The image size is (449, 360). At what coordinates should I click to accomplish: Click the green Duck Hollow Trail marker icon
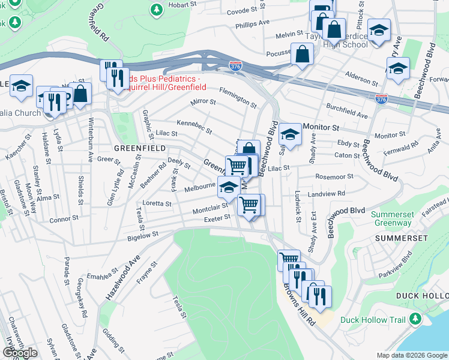(415, 320)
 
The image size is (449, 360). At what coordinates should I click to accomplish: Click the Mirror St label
(202, 102)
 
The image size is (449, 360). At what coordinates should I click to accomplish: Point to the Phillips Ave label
(253, 24)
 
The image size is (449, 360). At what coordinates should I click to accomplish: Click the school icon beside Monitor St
(290, 134)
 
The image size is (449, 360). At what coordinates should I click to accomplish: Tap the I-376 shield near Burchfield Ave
(381, 98)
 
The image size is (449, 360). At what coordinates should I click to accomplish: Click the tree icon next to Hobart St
(157, 10)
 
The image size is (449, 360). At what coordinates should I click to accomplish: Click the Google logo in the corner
(20, 353)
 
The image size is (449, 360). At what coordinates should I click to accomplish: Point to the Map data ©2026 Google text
(412, 355)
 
